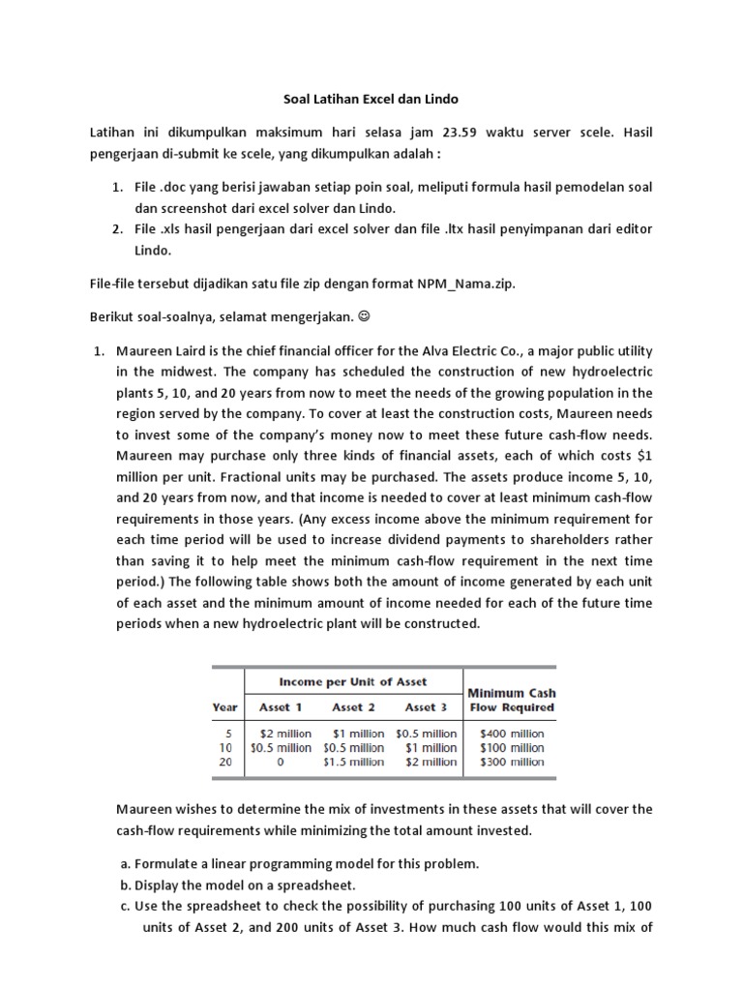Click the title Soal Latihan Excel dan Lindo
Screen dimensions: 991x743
371,99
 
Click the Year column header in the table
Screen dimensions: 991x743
224,707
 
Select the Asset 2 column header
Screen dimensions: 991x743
348,707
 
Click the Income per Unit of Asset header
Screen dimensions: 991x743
352,682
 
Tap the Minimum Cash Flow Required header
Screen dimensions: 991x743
511,700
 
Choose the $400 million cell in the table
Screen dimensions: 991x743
512,734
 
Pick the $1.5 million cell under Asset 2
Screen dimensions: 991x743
353,762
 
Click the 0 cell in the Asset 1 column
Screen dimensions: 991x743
281,762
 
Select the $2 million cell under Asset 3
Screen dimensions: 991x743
431,762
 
